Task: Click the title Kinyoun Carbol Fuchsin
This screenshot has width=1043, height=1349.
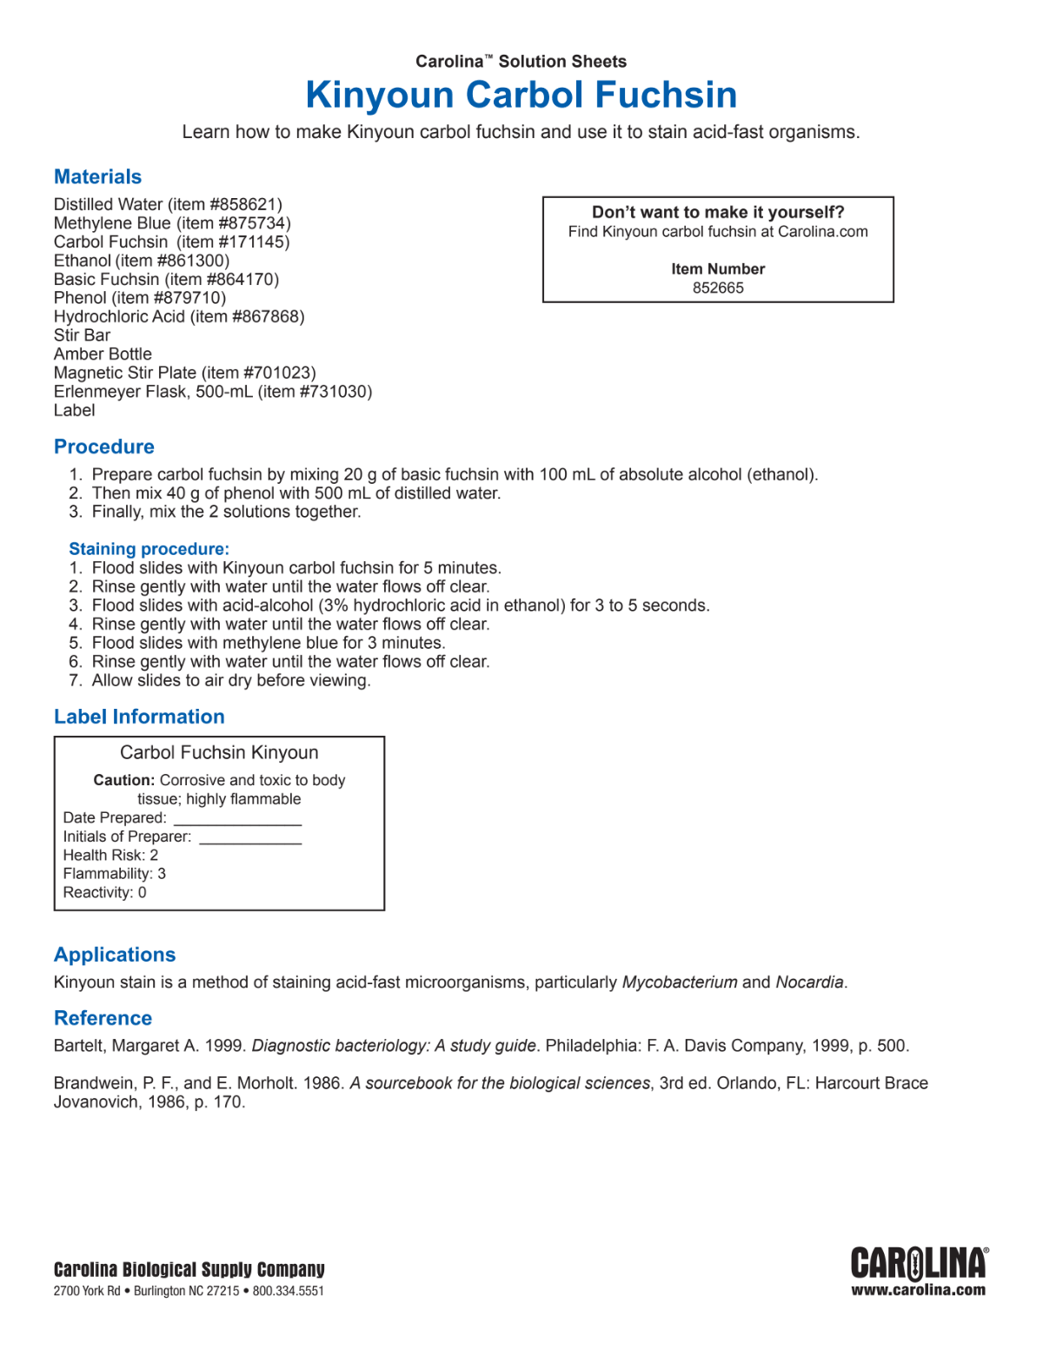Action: [521, 95]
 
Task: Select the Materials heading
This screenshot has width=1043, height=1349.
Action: [97, 177]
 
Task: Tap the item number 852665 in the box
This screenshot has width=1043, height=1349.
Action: [718, 288]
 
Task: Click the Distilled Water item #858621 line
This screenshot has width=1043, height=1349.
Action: [168, 205]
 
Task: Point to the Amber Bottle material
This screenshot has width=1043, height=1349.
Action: [103, 354]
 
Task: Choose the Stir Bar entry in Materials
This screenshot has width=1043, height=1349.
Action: [82, 335]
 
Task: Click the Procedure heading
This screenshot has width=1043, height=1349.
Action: [104, 447]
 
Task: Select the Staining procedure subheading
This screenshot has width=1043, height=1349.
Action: [149, 549]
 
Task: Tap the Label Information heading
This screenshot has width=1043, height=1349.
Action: [139, 717]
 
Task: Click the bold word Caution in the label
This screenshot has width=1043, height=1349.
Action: [123, 781]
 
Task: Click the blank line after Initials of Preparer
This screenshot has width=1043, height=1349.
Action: [250, 840]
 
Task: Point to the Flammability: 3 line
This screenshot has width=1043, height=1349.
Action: [114, 874]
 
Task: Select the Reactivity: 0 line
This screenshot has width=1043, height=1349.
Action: [104, 893]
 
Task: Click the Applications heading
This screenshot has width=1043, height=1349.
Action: [115, 956]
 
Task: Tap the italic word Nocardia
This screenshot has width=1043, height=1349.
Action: [809, 982]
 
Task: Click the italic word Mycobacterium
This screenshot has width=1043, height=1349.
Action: [680, 982]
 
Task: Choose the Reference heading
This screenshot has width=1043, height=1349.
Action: [103, 1019]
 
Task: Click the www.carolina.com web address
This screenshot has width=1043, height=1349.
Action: [918, 1291]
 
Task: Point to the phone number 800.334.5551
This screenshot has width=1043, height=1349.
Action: [289, 1292]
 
